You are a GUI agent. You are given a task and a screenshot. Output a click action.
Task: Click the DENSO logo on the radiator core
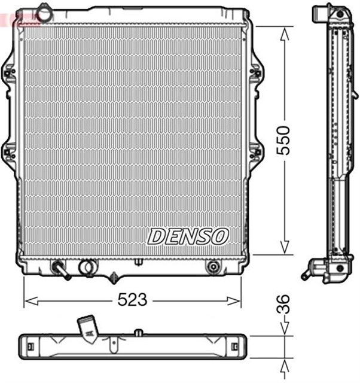188,236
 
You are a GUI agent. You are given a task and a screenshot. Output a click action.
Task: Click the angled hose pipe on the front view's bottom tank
61,270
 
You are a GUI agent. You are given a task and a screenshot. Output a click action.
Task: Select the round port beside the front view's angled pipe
87,266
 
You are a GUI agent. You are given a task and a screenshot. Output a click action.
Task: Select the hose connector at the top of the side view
321,13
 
